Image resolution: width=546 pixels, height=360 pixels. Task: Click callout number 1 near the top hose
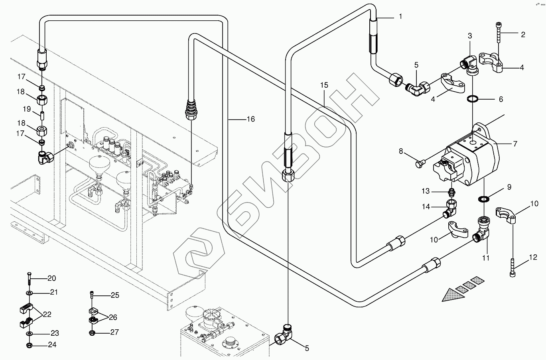pos(401,16)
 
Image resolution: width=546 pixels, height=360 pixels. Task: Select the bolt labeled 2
pos(498,32)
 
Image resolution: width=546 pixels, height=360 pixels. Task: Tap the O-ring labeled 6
pos(473,99)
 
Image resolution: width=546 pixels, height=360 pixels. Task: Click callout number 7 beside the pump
pos(515,144)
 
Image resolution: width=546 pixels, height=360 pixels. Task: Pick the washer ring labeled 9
pos(483,199)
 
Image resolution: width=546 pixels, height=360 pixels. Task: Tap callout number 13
pos(426,191)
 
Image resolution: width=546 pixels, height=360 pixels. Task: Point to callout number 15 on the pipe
pos(324,85)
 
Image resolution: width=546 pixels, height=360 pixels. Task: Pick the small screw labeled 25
pos(92,295)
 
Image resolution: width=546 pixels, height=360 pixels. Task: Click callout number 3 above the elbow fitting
pos(470,36)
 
